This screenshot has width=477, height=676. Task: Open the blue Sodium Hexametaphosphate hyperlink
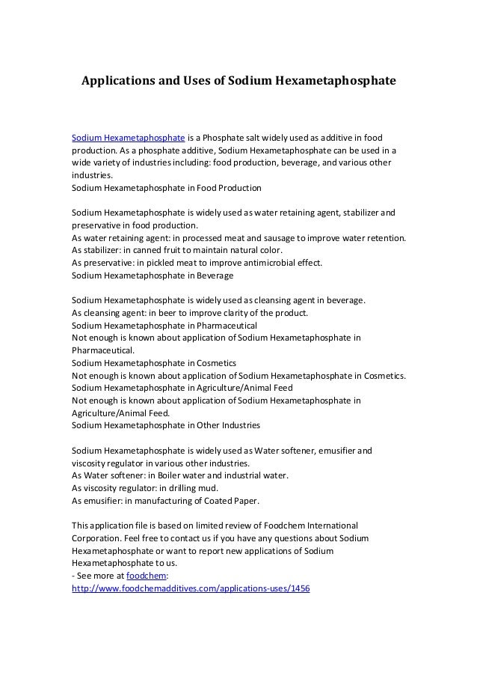point(128,138)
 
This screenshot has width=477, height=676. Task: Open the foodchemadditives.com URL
point(190,588)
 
